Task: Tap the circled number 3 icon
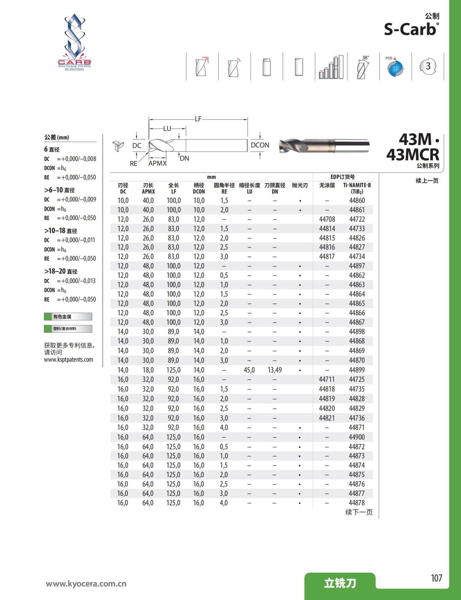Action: coord(428,66)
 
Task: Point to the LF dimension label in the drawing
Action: coord(198,119)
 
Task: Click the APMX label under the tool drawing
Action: coord(158,163)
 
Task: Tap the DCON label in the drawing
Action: coord(260,145)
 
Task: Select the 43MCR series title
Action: coord(413,154)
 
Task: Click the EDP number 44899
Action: coord(357,370)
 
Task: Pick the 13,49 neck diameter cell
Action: coord(275,370)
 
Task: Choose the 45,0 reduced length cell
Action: coord(249,370)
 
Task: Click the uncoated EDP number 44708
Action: coord(327,219)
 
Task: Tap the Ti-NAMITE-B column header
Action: coord(357,188)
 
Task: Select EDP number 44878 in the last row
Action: coord(357,503)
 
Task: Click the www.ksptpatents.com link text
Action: coord(68,360)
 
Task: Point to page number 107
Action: coord(436,578)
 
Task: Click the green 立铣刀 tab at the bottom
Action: coord(340,583)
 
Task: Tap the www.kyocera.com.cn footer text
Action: coord(86,584)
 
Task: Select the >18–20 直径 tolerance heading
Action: coord(61,271)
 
